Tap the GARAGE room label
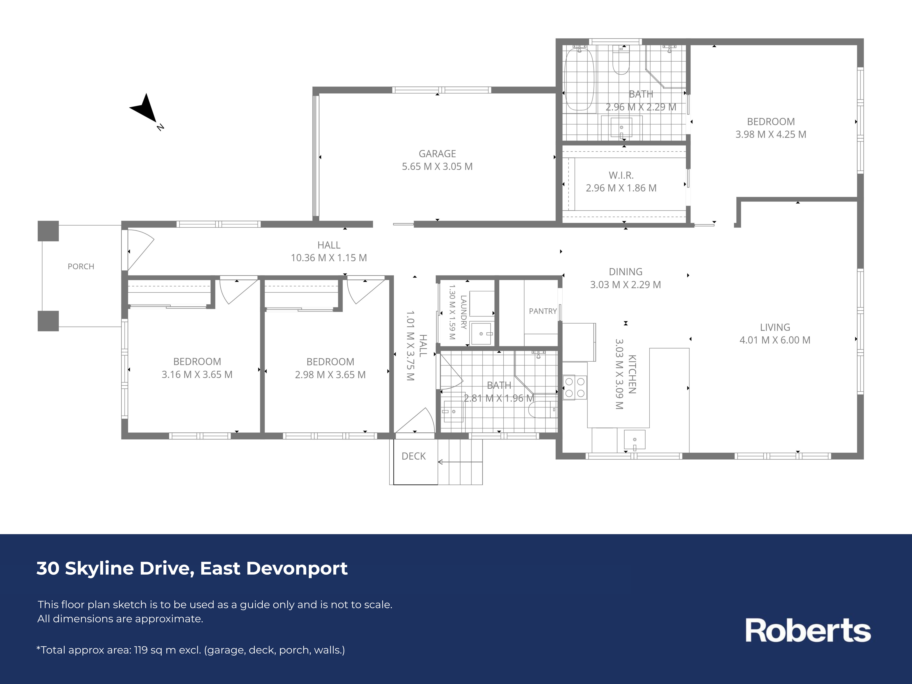click(x=437, y=154)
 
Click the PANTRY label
click(x=543, y=311)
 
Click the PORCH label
click(x=81, y=266)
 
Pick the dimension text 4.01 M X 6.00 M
click(x=775, y=340)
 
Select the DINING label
click(x=625, y=272)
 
